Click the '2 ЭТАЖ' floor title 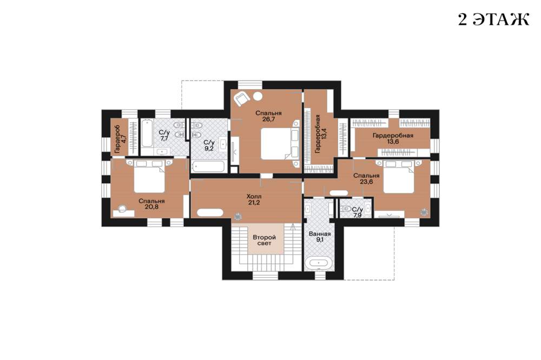coord(493,19)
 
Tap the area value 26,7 coord(268,119)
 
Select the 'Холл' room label coord(254,196)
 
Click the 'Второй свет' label coord(265,241)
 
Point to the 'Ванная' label coord(320,234)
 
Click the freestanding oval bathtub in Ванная coord(320,263)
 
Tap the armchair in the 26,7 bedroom coord(241,98)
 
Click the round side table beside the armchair coord(258,96)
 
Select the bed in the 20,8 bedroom coord(149,176)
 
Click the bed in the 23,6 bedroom coord(399,176)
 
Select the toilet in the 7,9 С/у coord(346,209)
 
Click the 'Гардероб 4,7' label coord(119,139)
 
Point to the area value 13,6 coord(393,142)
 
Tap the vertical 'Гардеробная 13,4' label coord(320,134)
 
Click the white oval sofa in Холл coord(210,212)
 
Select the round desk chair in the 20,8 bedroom coord(122,208)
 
